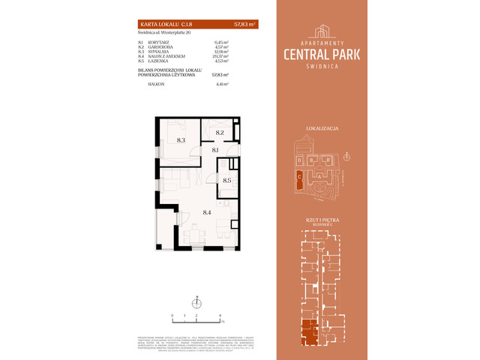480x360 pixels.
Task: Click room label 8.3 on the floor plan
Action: [x=181, y=139]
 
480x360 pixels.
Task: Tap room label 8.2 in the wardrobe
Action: [x=220, y=132]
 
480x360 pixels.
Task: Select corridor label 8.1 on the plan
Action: [x=214, y=150]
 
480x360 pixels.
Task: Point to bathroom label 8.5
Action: [x=227, y=180]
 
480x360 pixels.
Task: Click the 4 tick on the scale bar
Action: [x=220, y=316]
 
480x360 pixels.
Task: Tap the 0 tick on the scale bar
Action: [x=172, y=316]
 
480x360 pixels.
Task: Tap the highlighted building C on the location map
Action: [x=300, y=177]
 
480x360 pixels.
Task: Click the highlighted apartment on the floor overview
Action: [x=307, y=331]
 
